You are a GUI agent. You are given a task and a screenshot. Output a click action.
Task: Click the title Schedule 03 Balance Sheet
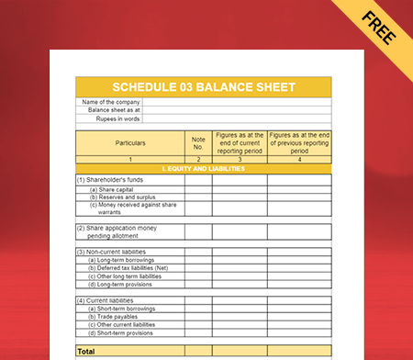(x=203, y=87)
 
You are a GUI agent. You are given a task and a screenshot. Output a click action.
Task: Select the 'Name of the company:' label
(x=110, y=102)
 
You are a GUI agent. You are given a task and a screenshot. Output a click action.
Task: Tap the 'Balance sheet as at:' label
(x=114, y=110)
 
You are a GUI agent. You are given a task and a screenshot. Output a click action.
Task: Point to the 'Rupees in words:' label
(x=117, y=118)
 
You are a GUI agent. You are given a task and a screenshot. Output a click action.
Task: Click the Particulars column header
(x=129, y=143)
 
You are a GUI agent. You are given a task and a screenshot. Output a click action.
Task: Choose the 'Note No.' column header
(x=197, y=143)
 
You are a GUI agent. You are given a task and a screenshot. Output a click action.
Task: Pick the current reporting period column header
(x=240, y=143)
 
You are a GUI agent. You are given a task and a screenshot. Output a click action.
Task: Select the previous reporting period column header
(x=299, y=143)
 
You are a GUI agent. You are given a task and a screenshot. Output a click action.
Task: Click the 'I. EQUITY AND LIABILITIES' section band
(x=203, y=169)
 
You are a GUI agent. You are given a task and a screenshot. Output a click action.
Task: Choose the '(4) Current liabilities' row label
(x=106, y=299)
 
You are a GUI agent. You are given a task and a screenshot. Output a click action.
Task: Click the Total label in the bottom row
(x=86, y=351)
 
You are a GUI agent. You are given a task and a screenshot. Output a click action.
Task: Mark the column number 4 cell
(x=299, y=160)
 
